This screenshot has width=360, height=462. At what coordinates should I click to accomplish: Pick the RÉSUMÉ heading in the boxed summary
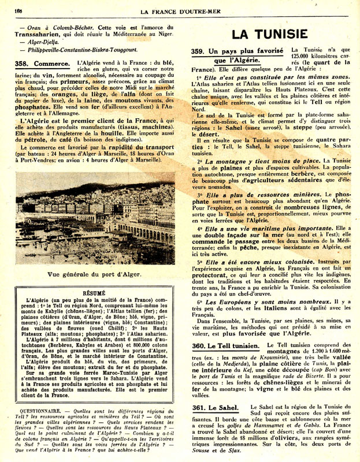tap(94, 293)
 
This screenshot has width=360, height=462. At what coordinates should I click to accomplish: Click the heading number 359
tap(200, 51)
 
